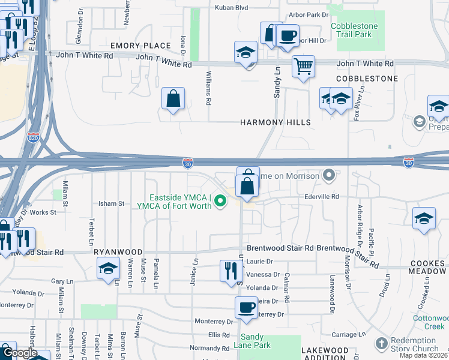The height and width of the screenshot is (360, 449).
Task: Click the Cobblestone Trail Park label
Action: coord(357,31)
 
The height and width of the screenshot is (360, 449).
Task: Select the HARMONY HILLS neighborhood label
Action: coord(276,122)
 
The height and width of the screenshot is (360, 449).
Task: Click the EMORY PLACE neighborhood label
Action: coord(140,46)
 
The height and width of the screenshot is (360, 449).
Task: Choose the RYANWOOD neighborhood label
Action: coord(118,253)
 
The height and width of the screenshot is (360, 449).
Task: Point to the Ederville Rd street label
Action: coord(322,196)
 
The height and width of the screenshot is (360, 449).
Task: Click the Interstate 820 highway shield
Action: coord(34,137)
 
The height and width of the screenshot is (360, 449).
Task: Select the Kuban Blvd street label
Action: coord(231,8)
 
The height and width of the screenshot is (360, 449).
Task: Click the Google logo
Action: coord(19,353)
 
